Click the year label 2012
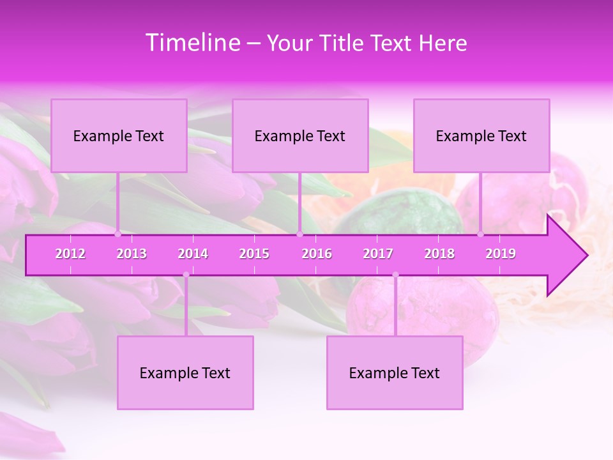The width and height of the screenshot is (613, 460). pyautogui.click(x=70, y=254)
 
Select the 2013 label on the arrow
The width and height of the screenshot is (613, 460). pyautogui.click(x=132, y=254)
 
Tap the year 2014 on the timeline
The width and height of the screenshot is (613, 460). pyautogui.click(x=193, y=254)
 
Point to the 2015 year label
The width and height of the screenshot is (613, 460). pyautogui.click(x=254, y=254)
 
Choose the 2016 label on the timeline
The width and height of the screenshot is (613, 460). pyautogui.click(x=317, y=254)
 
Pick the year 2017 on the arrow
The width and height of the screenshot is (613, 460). pyautogui.click(x=378, y=254)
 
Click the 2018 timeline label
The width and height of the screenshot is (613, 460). pyautogui.click(x=439, y=254)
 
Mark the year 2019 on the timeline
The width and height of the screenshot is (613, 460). pyautogui.click(x=501, y=254)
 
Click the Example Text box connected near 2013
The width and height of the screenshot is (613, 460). pyautogui.click(x=119, y=135)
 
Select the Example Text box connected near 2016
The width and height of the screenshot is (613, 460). pyautogui.click(x=300, y=135)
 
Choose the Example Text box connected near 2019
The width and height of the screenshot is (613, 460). pyautogui.click(x=481, y=135)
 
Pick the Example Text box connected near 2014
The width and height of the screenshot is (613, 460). pyautogui.click(x=185, y=372)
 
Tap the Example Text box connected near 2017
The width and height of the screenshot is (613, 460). pyautogui.click(x=395, y=372)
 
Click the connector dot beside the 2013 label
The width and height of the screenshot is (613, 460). pyautogui.click(x=117, y=234)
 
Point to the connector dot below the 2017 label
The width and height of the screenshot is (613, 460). pyautogui.click(x=395, y=275)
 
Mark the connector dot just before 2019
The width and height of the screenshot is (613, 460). pyautogui.click(x=481, y=234)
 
